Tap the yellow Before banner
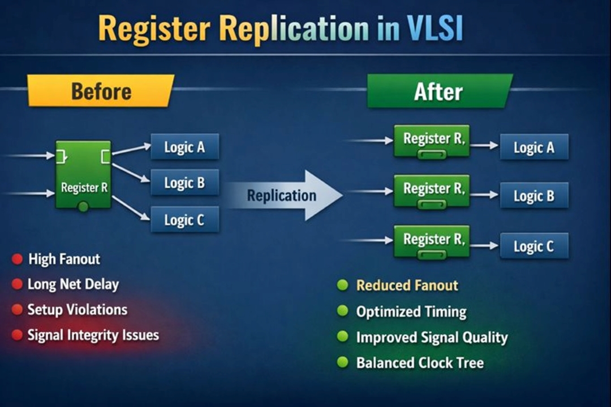point(101,91)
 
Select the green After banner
point(439,91)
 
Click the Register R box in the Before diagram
point(84,175)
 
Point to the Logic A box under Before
point(184,147)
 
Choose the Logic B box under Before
point(184,183)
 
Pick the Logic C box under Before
point(184,219)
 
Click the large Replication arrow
point(289,196)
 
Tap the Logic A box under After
point(534,148)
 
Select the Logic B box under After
point(534,196)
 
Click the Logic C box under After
point(534,246)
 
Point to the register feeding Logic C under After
point(432,241)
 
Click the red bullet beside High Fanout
point(18,259)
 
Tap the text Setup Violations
point(78,309)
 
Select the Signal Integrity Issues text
point(93,335)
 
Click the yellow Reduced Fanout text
point(407,285)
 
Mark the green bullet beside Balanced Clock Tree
point(342,362)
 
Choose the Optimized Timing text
point(411,311)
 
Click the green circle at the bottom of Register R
point(83,207)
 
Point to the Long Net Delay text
point(74,284)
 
